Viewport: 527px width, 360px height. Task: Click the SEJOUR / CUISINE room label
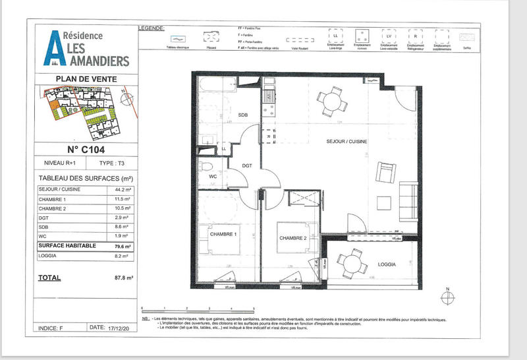pyautogui.click(x=347, y=142)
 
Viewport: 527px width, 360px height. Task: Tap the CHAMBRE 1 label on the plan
pyautogui.click(x=223, y=234)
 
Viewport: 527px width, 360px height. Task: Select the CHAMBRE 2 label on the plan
pyautogui.click(x=292, y=238)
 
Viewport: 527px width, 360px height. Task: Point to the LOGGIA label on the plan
pyautogui.click(x=387, y=264)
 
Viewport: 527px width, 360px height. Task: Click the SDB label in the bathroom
pyautogui.click(x=242, y=115)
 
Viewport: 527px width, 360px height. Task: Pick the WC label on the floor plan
pyautogui.click(x=213, y=177)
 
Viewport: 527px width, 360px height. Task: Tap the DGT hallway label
pyautogui.click(x=247, y=166)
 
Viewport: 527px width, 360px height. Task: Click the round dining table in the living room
pyautogui.click(x=331, y=101)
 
